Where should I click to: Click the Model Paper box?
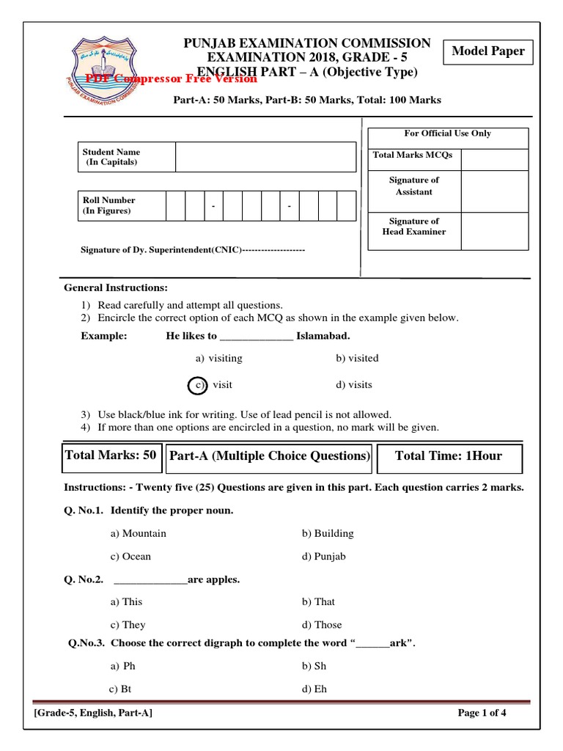487,51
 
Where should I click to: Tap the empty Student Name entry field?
265,157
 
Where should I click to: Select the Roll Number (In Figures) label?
108,205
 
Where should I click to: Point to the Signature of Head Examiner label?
414,227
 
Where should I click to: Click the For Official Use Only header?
447,133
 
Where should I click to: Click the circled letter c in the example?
197,385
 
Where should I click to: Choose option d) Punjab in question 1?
323,556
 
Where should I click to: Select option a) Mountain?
139,533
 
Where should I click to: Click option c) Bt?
120,689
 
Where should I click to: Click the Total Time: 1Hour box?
449,456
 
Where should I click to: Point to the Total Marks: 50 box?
111,455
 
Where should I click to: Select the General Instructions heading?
116,287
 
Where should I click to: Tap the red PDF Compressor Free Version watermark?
172,78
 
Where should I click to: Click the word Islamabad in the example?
323,336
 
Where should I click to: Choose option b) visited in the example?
357,359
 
